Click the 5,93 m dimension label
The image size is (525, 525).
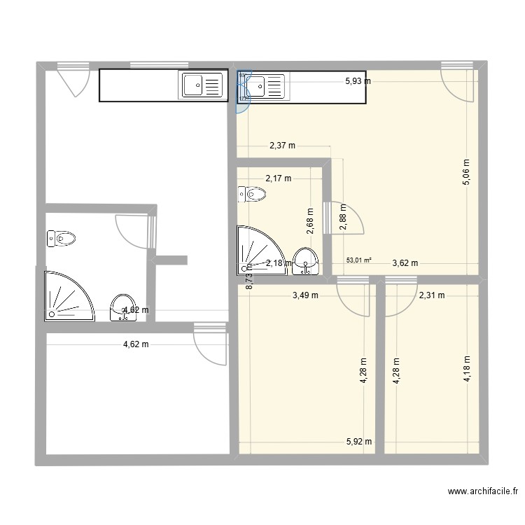pos(358,81)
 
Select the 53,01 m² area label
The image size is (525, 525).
pos(358,260)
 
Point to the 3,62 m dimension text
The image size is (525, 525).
pos(405,263)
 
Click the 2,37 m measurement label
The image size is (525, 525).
pos(282,146)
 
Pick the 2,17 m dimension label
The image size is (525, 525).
pos(278,178)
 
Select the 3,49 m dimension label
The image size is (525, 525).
pos(305,295)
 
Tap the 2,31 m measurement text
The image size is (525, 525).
pos(431,295)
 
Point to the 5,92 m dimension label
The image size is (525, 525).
pos(358,441)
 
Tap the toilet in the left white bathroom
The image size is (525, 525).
pos(60,239)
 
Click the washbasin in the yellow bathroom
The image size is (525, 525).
pos(306,262)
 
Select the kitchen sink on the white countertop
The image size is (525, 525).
pos(202,86)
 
